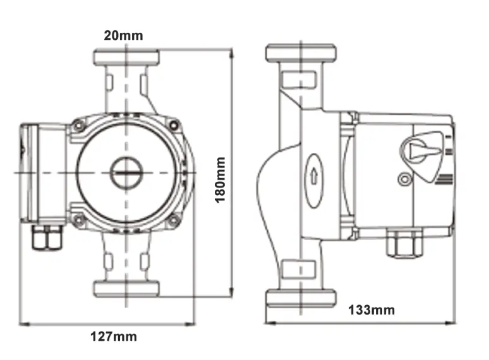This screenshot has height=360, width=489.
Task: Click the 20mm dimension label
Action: (x=123, y=35)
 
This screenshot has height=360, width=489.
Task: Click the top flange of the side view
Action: (x=300, y=52)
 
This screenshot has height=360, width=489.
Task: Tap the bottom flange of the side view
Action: (x=300, y=297)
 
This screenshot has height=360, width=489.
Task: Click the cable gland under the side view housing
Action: (x=404, y=243)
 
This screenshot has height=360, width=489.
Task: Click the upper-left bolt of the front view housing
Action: (x=78, y=126)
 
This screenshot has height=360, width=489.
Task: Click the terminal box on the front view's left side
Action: (x=43, y=172)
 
